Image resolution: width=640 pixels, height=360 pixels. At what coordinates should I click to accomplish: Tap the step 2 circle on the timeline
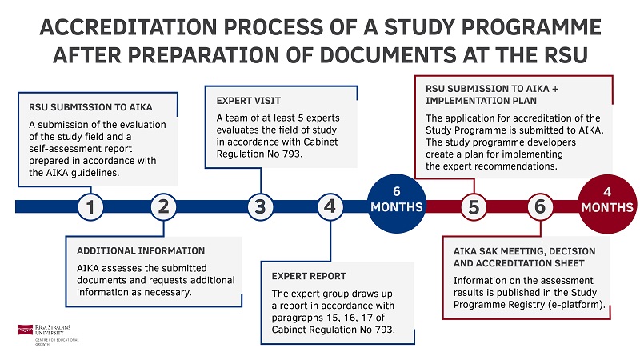163,206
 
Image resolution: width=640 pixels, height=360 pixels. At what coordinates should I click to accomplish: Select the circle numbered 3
259,206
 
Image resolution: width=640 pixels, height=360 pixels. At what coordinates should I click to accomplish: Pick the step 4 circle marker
330,206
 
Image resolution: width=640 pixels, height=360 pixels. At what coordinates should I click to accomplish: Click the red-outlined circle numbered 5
474,206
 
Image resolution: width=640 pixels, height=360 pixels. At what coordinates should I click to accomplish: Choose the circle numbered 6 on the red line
541,206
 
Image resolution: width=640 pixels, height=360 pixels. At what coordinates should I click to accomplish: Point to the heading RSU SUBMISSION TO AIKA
90,107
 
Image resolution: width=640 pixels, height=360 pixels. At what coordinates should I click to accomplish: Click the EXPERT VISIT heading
249,101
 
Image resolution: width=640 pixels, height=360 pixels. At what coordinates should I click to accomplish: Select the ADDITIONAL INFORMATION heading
141,250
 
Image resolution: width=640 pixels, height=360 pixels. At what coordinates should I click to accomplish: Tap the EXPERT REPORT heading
309,276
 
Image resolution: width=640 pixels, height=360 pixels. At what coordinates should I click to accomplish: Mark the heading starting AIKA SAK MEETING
520,250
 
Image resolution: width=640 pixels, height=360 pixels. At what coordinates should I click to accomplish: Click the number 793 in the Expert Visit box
293,154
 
